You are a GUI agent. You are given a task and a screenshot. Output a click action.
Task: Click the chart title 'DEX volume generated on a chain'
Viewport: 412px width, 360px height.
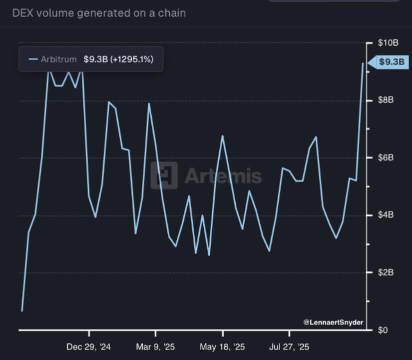tap(99, 13)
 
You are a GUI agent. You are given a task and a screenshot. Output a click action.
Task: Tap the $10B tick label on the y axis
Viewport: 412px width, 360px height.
tap(389, 43)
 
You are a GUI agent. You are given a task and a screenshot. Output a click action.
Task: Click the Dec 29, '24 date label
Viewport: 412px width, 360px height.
tap(89, 346)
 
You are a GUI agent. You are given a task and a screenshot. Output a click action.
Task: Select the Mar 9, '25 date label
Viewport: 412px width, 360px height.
tap(155, 346)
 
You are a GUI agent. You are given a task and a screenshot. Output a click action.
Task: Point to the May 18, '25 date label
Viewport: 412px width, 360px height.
tap(222, 346)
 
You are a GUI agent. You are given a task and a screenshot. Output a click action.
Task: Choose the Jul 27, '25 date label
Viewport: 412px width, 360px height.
tap(289, 346)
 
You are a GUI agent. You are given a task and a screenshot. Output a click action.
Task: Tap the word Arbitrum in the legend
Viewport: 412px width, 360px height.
tap(59, 59)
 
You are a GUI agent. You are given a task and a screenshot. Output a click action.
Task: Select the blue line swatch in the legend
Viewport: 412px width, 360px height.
tap(33, 59)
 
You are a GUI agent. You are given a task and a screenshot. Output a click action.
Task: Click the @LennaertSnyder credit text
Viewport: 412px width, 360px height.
tap(333, 322)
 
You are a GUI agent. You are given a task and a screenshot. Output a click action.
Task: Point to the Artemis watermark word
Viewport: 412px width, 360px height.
tap(223, 176)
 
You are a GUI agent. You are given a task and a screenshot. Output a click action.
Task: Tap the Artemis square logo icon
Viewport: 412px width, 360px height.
tap(164, 175)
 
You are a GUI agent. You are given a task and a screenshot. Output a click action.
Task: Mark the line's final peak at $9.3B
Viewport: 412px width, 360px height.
tap(363, 63)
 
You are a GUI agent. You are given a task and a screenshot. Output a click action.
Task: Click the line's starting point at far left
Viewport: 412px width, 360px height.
tap(22, 311)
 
